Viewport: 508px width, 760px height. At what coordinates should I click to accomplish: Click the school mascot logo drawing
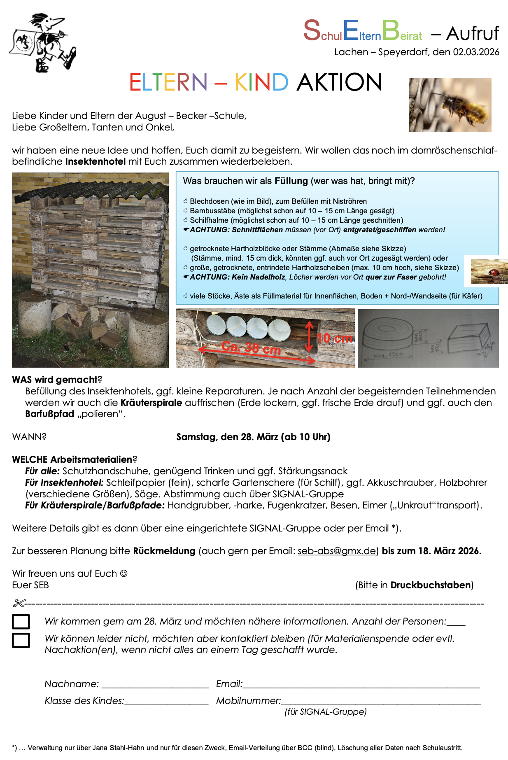[42, 42]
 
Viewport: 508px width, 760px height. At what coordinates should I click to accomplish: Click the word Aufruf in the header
[473, 34]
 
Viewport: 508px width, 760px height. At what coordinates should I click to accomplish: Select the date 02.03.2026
[476, 52]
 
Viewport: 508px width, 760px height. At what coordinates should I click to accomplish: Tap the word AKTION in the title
[339, 82]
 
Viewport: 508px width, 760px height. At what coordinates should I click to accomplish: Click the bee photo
[450, 105]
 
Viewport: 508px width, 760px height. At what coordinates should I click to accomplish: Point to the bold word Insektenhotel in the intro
[96, 161]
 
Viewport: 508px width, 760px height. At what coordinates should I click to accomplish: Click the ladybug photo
[489, 271]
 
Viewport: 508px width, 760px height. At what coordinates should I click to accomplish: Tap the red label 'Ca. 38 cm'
[251, 348]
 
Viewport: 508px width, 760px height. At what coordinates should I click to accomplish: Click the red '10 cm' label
[334, 338]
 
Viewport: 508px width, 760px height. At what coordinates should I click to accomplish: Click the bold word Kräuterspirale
[151, 403]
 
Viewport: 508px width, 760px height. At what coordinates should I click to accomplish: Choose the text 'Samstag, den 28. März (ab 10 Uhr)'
[253, 437]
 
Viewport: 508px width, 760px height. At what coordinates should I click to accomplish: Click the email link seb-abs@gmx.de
[336, 551]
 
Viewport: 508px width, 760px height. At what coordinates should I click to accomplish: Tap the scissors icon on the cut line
[19, 604]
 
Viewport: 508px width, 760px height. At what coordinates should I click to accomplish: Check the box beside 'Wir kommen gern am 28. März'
[21, 622]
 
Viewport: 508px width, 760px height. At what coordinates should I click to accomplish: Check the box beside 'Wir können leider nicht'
[21, 640]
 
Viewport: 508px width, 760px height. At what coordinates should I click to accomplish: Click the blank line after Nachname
[155, 685]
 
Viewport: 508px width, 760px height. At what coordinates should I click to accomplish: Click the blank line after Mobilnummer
[381, 702]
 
